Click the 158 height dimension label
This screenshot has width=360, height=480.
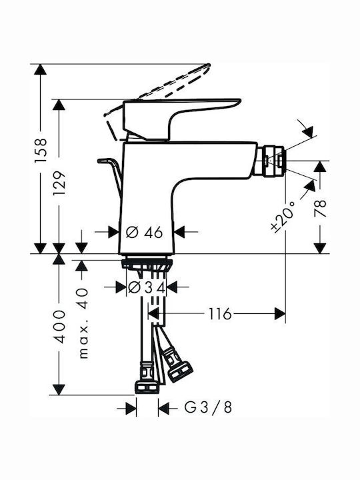pyautogui.click(x=41, y=150)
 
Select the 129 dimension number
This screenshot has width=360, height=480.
pyautogui.click(x=59, y=184)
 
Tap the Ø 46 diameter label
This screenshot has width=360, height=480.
pyautogui.click(x=144, y=233)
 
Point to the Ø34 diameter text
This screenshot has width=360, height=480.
pyautogui.click(x=147, y=287)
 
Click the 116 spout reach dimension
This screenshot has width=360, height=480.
pyautogui.click(x=220, y=314)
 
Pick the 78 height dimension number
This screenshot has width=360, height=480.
pyautogui.click(x=320, y=209)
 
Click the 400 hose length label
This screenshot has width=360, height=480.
pyautogui.click(x=59, y=326)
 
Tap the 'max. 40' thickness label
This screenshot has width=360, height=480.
pyautogui.click(x=83, y=323)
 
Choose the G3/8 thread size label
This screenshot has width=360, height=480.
pyautogui.click(x=208, y=407)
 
